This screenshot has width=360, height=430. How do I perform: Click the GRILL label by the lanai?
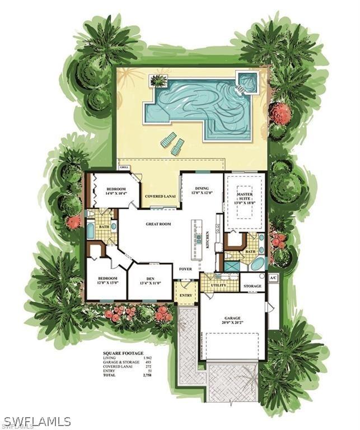pyautogui.click(x=124, y=167)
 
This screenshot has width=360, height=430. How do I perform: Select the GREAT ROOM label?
pyautogui.click(x=158, y=224)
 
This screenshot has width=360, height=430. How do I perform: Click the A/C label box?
pyautogui.click(x=273, y=278)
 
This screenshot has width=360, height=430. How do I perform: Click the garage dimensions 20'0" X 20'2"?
pyautogui.click(x=232, y=320)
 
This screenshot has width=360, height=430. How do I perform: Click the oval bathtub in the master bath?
pyautogui.click(x=257, y=263)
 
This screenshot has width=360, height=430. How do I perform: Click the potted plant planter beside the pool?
pyautogui.click(x=158, y=81)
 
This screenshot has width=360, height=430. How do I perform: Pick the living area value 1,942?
pyautogui.click(x=147, y=358)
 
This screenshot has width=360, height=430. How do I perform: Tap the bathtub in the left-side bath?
pyautogui.click(x=90, y=231)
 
